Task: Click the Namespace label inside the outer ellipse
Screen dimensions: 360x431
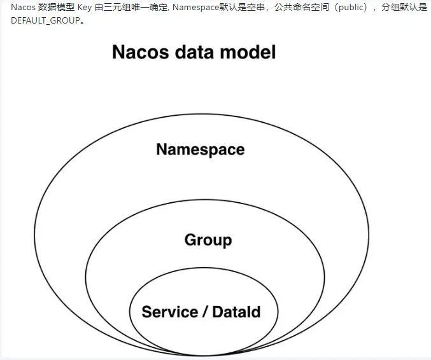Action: pyautogui.click(x=200, y=149)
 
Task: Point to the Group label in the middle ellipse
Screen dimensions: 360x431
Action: pyautogui.click(x=208, y=240)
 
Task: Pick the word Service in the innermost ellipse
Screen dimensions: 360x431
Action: pyautogui.click(x=169, y=312)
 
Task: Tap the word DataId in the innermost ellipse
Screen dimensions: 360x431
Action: pyautogui.click(x=236, y=312)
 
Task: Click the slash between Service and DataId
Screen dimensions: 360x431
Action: pyautogui.click(x=205, y=312)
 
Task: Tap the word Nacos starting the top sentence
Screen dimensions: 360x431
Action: pyautogui.click(x=23, y=8)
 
